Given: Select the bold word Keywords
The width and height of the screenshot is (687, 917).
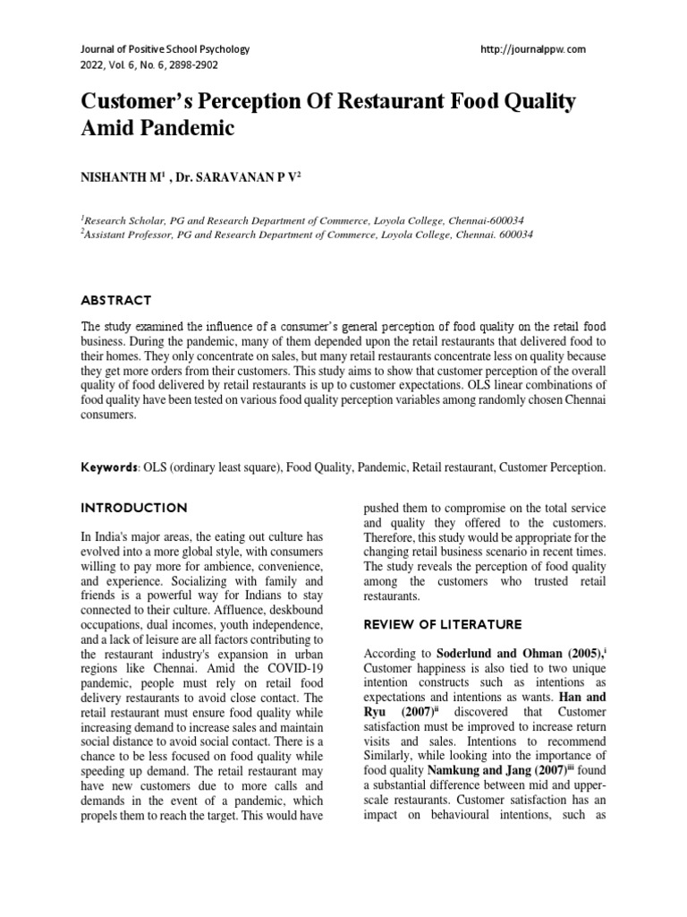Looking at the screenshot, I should [x=109, y=467].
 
